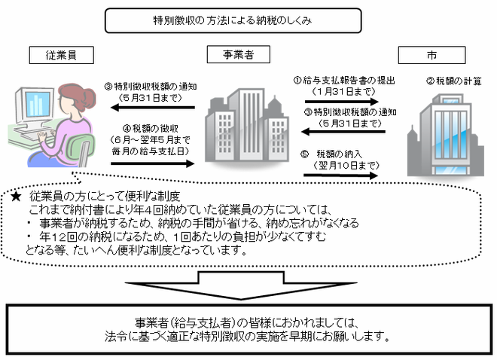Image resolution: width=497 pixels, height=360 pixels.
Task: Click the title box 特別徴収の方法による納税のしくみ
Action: click(x=233, y=20)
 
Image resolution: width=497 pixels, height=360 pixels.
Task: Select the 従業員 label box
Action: click(x=62, y=55)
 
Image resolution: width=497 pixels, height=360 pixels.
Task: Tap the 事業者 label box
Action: click(x=239, y=54)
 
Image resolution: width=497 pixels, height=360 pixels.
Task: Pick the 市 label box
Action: click(x=431, y=55)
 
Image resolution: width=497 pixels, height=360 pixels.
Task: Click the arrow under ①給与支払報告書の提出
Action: click(x=342, y=102)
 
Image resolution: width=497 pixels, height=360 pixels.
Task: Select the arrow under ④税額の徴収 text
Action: click(x=152, y=163)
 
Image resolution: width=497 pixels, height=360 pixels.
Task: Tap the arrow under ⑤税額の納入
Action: click(x=341, y=175)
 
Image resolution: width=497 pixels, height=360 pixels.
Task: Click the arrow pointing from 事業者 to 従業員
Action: click(x=152, y=108)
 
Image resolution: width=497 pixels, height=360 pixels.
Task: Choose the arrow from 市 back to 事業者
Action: click(x=343, y=132)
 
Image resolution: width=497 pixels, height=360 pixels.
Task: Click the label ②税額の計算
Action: click(x=454, y=81)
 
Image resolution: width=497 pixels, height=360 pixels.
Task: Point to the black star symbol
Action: click(x=16, y=197)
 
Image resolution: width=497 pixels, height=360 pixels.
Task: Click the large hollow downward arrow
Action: click(x=241, y=285)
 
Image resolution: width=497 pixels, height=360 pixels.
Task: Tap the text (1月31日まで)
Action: click(x=343, y=92)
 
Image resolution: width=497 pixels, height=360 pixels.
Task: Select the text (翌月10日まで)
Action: click(x=346, y=165)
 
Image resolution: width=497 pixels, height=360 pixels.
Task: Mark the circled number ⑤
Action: click(x=304, y=154)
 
